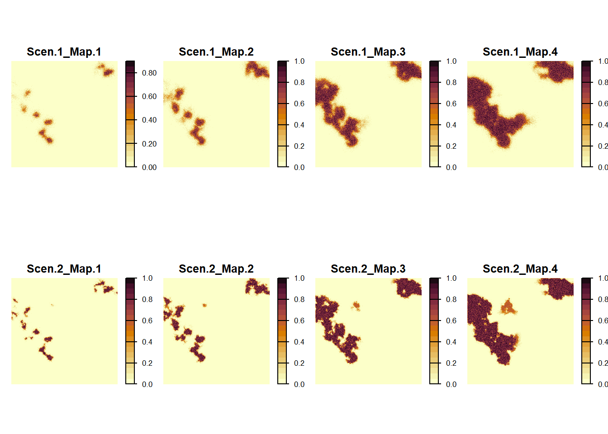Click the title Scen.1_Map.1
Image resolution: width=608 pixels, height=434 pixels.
tap(64, 52)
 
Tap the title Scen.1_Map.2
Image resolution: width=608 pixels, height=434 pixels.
tap(216, 52)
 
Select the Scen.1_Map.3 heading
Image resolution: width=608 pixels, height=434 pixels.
tap(368, 52)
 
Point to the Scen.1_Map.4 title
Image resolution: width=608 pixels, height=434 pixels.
tap(520, 52)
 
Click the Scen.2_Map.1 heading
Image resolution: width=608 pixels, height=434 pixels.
tap(64, 269)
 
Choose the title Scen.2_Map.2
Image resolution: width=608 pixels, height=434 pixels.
tap(216, 269)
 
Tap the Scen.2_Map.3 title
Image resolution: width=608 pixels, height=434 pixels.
tap(368, 269)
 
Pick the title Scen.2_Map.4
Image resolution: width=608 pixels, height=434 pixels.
tap(520, 269)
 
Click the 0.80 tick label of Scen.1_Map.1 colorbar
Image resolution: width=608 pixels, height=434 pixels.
tap(149, 73)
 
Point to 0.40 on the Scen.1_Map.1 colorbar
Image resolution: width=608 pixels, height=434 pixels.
tap(149, 120)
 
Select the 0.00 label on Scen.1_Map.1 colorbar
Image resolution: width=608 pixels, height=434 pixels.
tap(149, 167)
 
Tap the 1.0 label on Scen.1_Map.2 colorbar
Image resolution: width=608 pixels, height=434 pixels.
tap(299, 61)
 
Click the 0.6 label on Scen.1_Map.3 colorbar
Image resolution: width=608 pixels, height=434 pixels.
tap(451, 104)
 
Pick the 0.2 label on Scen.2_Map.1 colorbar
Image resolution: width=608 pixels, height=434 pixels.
tap(147, 363)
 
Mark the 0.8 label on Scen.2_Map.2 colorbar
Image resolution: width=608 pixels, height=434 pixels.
tap(299, 299)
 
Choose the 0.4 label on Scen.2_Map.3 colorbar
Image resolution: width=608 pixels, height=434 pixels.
tap(451, 342)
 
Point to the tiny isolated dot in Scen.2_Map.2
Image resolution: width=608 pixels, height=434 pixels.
tap(204, 305)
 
